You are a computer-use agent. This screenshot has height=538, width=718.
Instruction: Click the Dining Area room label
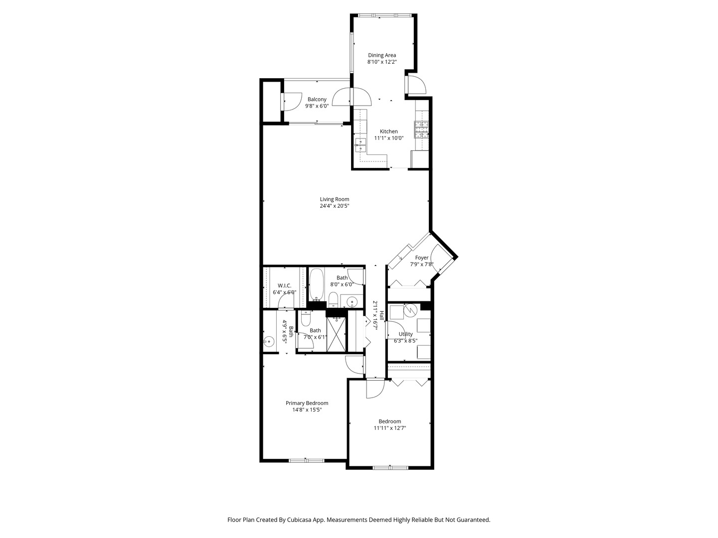point(382,55)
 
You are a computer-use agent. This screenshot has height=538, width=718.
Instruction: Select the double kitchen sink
point(360,145)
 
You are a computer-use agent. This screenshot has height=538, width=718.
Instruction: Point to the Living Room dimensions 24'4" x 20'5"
point(335,206)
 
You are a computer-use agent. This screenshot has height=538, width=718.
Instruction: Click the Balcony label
point(317,99)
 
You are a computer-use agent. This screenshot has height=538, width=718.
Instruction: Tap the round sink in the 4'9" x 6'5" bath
point(268,342)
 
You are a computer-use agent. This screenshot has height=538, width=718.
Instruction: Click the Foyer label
point(422,258)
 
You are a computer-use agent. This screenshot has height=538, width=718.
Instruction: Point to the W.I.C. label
point(284,285)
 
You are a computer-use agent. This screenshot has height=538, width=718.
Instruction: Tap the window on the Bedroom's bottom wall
point(390,467)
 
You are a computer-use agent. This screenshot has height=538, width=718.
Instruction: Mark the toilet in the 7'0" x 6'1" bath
point(306,318)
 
